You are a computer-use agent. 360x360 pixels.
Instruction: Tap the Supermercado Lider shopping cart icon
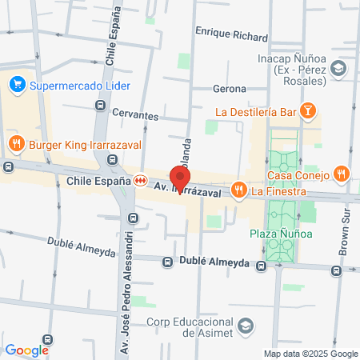pyautogui.click(x=18, y=83)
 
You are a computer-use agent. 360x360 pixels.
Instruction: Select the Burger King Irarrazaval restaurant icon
pyautogui.click(x=16, y=145)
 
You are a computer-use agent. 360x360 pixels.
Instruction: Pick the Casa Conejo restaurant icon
pyautogui.click(x=342, y=173)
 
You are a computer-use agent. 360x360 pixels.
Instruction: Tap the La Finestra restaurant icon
pyautogui.click(x=238, y=190)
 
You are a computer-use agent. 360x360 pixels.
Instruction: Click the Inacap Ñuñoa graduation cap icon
pyautogui.click(x=339, y=70)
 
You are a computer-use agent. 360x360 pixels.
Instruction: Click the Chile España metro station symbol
pyautogui.click(x=140, y=181)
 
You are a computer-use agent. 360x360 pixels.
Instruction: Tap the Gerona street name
pyautogui.click(x=229, y=89)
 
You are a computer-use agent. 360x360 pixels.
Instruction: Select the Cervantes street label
pyautogui.click(x=134, y=114)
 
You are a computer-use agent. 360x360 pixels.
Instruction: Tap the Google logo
pyautogui.click(x=27, y=350)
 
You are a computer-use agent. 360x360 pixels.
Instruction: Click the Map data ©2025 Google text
pyautogui.click(x=311, y=354)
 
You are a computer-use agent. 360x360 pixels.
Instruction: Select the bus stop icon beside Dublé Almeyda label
pyautogui.click(x=168, y=262)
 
